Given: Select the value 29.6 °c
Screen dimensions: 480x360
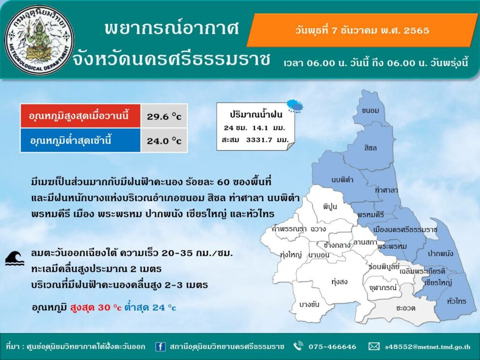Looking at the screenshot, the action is tap(164, 116).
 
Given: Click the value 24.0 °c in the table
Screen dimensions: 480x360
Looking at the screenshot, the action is tap(164, 141).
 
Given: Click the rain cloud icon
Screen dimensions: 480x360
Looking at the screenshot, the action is tap(295, 106).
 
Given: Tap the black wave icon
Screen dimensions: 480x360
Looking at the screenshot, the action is tap(15, 258).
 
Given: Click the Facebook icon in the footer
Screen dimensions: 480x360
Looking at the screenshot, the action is tap(160, 346).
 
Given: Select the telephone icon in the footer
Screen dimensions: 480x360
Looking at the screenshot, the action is tap(298, 346).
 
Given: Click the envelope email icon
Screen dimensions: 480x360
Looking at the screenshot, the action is tap(374, 346).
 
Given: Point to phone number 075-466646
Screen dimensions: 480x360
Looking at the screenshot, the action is tap(332, 347).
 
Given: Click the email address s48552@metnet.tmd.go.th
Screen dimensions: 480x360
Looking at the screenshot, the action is tap(427, 347).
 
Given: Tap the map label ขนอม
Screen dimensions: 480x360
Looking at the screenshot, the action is tap(370, 111).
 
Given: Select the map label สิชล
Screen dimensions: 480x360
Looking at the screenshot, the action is tap(370, 148).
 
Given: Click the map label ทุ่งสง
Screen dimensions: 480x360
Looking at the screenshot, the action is tap(339, 282).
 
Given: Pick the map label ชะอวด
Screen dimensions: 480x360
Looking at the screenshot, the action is tap(405, 308).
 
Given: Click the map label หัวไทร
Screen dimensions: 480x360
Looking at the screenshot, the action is tap(457, 301).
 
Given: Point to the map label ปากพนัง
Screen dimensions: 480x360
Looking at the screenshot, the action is tap(441, 254).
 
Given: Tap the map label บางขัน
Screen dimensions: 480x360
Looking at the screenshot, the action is tap(309, 304).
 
